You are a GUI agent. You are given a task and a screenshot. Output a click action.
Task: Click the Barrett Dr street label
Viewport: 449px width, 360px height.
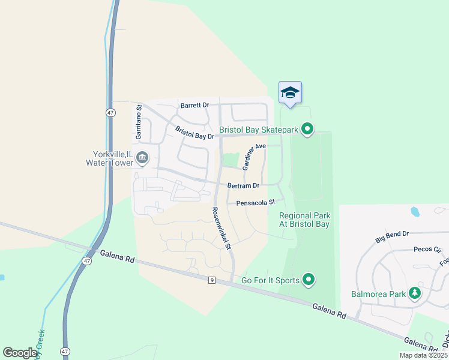tap(194, 105)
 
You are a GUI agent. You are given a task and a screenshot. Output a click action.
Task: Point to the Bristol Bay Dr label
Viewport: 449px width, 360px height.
tap(194, 133)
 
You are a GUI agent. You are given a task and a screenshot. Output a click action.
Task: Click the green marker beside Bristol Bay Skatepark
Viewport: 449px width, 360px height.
tap(308, 129)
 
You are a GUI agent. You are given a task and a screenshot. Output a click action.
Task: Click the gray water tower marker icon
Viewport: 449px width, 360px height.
tap(142, 158)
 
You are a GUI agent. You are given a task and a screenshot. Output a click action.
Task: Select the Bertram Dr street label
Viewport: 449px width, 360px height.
tap(243, 186)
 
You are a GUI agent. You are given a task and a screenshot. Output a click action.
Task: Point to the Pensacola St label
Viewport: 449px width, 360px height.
tap(255, 203)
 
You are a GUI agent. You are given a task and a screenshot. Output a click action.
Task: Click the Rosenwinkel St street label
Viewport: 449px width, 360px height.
tap(221, 228)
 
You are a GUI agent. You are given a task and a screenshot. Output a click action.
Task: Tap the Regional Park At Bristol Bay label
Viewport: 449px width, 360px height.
tap(304, 220)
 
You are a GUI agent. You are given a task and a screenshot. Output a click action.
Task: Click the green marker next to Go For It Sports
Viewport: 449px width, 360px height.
tap(309, 279)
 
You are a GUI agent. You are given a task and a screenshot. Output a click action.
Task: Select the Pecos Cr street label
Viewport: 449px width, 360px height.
tap(427, 249)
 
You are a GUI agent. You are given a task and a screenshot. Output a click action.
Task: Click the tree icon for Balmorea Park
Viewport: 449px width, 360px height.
tap(414, 293)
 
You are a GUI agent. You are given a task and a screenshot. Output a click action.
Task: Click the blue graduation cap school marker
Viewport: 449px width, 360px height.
tap(291, 92)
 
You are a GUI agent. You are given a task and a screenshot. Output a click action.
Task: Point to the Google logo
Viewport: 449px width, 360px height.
tap(20, 353)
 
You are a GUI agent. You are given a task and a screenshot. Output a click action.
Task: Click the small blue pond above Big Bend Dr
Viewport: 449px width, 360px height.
tap(414, 212)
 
